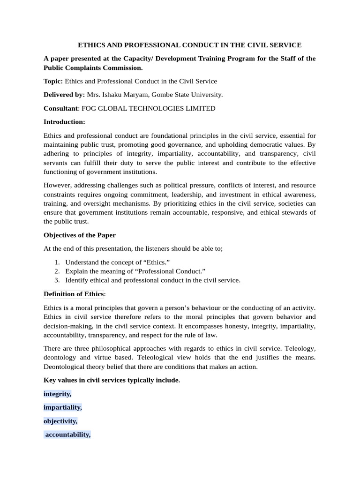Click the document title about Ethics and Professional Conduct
[189, 45]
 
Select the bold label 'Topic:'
[53, 81]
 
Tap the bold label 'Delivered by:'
[64, 95]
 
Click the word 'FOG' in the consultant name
[90, 108]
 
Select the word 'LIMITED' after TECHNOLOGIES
[200, 108]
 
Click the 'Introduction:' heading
[64, 122]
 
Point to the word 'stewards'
[292, 213]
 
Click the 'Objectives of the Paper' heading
[79, 235]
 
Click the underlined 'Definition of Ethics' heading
[74, 294]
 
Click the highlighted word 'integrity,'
[58, 394]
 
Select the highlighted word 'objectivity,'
[60, 421]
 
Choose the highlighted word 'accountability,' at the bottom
[68, 435]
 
